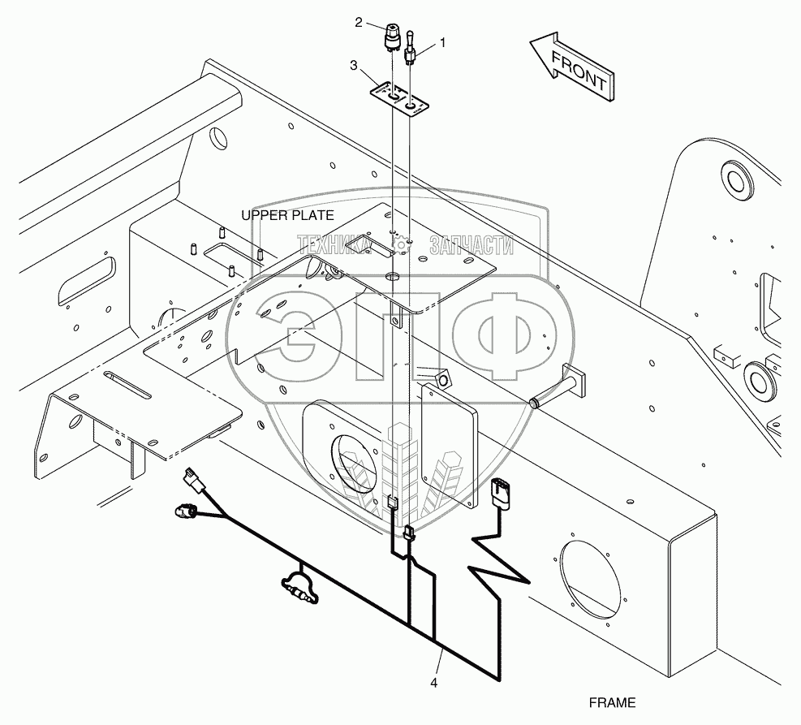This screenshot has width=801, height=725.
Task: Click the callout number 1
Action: [x=443, y=40]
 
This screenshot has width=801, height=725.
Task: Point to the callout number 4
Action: [x=434, y=683]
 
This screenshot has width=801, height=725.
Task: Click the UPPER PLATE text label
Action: [x=287, y=215]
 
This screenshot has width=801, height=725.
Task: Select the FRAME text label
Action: [x=613, y=702]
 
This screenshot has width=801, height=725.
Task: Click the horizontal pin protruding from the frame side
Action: [x=557, y=389]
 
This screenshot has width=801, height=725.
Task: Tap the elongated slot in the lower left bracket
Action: [x=127, y=385]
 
